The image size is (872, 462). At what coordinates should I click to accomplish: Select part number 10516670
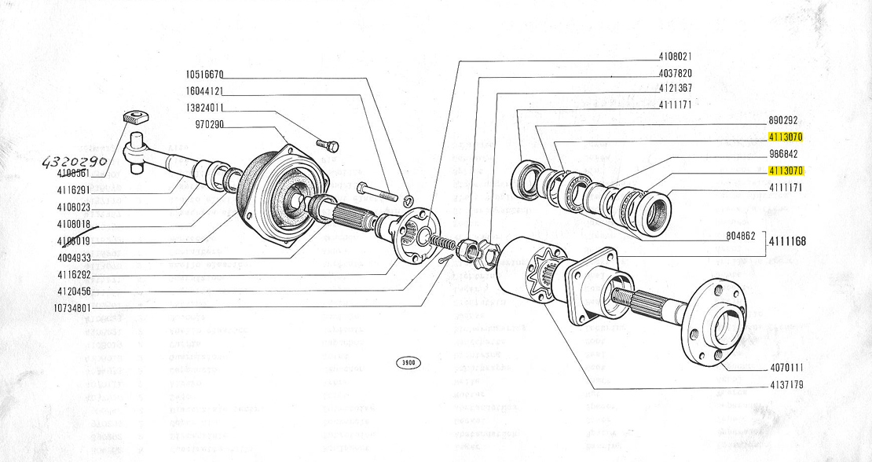point(205,75)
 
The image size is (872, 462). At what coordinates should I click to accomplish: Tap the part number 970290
point(209,125)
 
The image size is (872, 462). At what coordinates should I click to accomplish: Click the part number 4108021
point(675,57)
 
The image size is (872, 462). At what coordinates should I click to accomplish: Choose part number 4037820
point(675,72)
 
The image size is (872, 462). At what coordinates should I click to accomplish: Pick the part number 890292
point(783,121)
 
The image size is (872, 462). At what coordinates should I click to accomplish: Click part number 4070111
point(786,368)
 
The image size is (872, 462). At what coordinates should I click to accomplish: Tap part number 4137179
point(786,385)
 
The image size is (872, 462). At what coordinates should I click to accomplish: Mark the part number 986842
point(783,155)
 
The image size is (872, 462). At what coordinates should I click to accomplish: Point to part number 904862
point(739,236)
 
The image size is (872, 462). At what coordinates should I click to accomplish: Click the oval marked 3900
point(408,363)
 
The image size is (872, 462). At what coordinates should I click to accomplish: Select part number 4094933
point(74,258)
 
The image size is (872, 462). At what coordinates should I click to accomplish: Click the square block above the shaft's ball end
point(137,119)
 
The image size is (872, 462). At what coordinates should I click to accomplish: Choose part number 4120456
point(74,291)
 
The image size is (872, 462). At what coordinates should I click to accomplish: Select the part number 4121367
point(675,88)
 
